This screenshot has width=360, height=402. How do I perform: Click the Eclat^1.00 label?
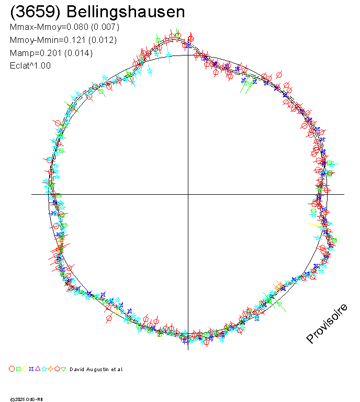coord(30,66)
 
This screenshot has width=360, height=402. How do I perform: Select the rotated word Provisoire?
coord(327,323)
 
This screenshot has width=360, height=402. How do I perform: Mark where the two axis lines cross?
coord(188,194)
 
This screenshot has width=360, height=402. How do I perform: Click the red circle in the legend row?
coord(12,369)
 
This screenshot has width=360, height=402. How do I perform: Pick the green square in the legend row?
coord(18,369)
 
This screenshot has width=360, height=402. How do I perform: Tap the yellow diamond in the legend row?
coord(25,369)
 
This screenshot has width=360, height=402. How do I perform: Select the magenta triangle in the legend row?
coord(38,369)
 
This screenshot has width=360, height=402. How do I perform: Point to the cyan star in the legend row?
coord(44,369)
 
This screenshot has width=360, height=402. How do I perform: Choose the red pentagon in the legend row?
coord(57,369)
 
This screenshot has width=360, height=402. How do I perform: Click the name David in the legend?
coord(76,370)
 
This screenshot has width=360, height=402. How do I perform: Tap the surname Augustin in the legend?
coord(98,370)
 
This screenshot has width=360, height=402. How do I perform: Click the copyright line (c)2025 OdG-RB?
coord(27,399)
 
